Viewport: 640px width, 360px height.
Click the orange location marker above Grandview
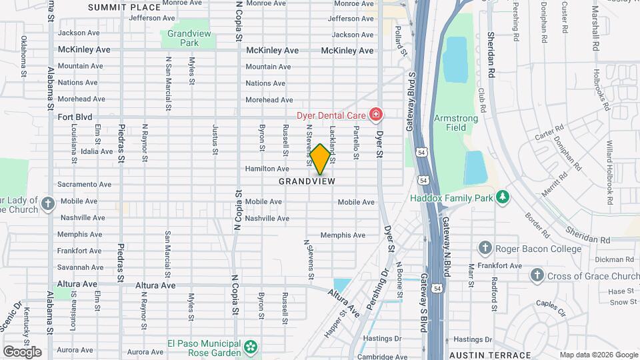coord(320,159)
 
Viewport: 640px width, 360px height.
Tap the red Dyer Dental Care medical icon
coord(376,115)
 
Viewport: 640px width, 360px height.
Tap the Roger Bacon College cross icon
coord(485,249)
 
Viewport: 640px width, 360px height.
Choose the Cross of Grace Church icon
coord(537,275)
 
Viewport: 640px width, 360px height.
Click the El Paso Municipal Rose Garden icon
coord(250,347)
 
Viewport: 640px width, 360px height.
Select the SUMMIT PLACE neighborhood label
coord(124,7)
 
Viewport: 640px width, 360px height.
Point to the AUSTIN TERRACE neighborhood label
coord(490,355)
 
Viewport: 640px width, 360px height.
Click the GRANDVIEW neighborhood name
coord(307,181)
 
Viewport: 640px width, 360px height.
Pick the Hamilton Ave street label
coord(267,169)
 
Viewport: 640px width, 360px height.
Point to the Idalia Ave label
coord(97,151)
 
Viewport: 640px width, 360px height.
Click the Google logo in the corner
coord(22,351)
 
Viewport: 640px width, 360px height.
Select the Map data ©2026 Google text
coord(597,355)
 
